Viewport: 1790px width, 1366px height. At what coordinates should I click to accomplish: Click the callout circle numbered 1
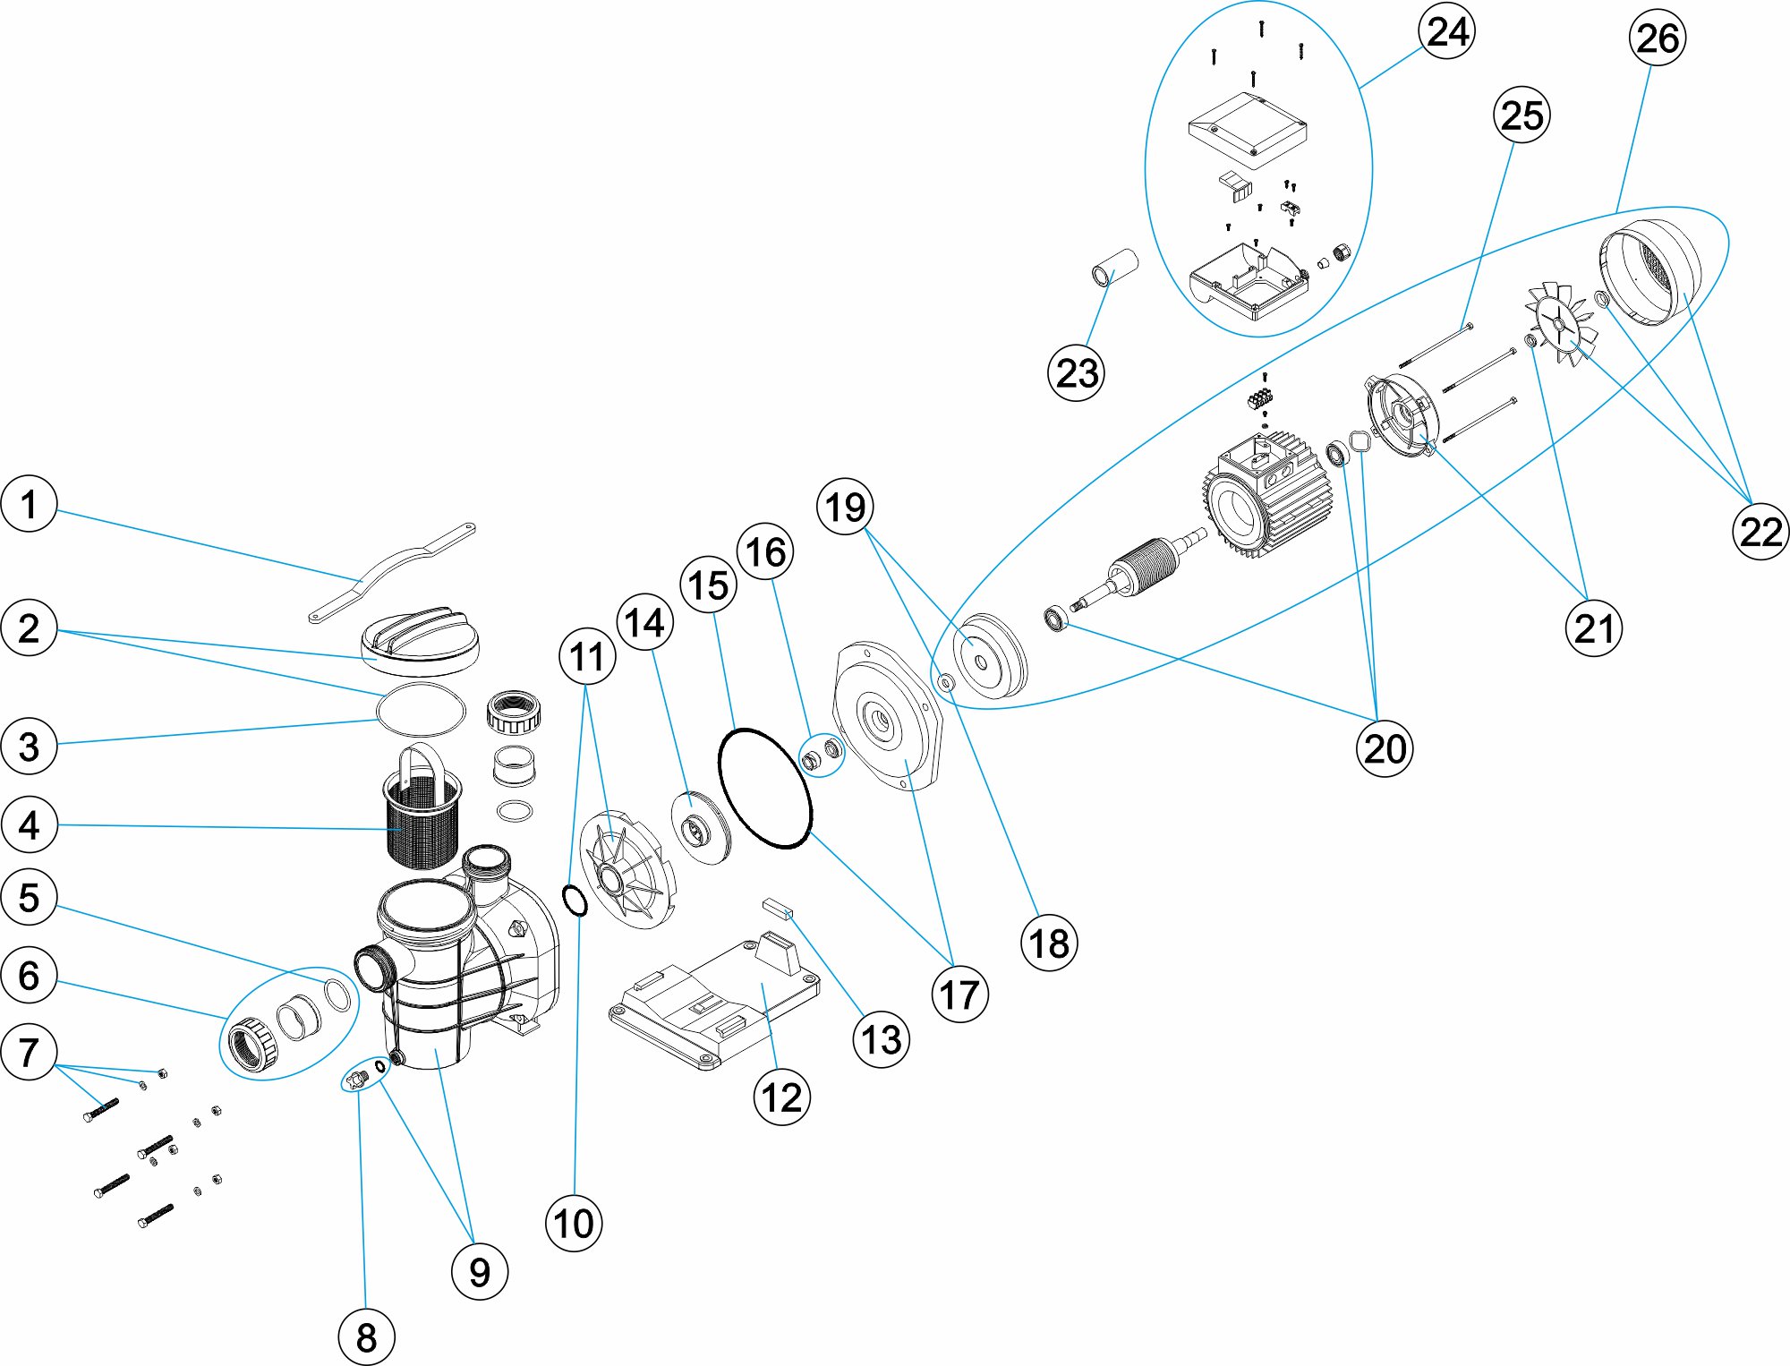tap(30, 504)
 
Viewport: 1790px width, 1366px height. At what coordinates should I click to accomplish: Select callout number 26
tap(1657, 38)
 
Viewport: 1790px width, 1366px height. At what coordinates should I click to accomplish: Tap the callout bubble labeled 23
tap(1076, 373)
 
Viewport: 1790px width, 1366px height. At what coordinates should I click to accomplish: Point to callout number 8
tap(366, 1337)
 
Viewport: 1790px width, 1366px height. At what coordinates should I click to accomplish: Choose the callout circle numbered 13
tap(882, 1039)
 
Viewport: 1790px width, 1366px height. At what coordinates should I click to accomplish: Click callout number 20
tap(1385, 748)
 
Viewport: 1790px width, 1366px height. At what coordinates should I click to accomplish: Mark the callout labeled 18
tap(1049, 943)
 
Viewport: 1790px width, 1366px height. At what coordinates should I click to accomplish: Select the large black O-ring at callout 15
tap(765, 788)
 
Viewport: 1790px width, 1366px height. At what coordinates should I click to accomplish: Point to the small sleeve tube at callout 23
tap(1114, 267)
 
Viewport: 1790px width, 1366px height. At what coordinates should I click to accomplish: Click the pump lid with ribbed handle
tap(419, 639)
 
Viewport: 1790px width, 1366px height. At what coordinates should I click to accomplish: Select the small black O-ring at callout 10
tap(575, 901)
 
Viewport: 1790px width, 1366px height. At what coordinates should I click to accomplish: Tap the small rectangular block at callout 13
tap(778, 909)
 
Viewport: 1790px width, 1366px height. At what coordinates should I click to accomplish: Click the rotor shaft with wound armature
tap(1137, 573)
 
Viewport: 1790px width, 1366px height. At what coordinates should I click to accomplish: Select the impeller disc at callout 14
tap(700, 828)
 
